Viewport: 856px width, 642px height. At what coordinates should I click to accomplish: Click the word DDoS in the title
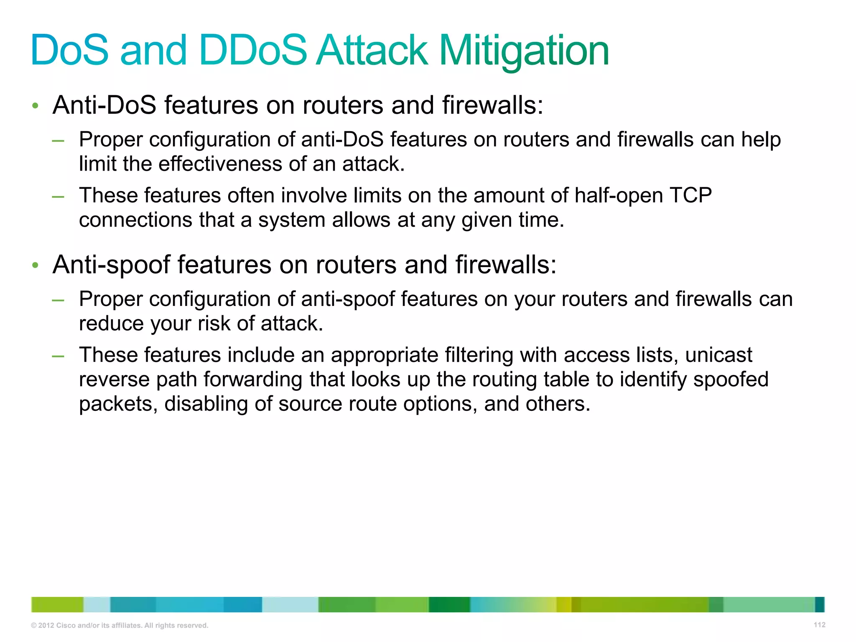[253, 51]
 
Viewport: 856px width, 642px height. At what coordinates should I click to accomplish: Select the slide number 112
[819, 625]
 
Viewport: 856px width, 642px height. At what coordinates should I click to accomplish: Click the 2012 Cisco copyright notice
[120, 625]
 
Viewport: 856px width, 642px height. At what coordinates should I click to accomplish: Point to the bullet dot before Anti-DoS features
[36, 106]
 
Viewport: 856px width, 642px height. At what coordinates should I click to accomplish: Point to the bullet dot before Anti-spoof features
[36, 265]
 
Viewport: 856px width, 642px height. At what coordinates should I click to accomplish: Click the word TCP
[690, 196]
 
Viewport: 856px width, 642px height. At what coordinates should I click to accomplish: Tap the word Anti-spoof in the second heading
[111, 265]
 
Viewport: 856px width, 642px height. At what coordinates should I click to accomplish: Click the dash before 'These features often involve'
[58, 196]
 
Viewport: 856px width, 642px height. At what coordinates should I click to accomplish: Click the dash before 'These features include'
[58, 356]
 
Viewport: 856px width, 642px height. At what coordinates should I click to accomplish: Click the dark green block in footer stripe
[449, 604]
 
